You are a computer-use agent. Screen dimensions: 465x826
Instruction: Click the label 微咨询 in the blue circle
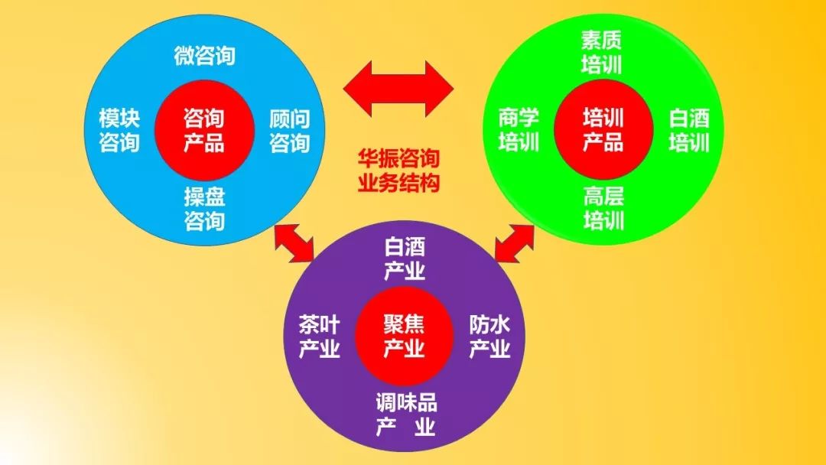pos(204,56)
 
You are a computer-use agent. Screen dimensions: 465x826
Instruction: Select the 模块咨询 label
pos(119,131)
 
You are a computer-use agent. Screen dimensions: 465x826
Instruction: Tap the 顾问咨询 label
pos(289,131)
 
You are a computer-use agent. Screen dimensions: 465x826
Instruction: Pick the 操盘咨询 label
pos(204,209)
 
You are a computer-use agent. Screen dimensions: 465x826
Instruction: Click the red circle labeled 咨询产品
pos(203,131)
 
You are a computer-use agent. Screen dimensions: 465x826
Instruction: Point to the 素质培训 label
pos(603,51)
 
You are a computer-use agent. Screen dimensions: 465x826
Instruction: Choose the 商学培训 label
pos(519,130)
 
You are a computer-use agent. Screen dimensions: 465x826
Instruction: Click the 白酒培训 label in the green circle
pos(689,130)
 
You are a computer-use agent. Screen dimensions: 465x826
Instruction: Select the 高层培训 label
pos(603,209)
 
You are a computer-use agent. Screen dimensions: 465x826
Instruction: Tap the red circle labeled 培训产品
pos(603,130)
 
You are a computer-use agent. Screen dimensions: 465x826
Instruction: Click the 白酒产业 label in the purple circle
pos(405,259)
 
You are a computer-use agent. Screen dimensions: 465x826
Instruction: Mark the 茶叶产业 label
pos(319,337)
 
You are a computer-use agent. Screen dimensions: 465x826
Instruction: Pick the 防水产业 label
pos(489,337)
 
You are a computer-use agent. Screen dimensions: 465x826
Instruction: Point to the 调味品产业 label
pos(405,414)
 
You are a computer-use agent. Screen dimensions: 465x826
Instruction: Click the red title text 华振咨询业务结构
pos(399,171)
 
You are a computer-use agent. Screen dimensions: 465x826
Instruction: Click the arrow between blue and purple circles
pos(294,244)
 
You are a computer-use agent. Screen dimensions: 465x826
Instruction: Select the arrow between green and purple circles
pos(514,244)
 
